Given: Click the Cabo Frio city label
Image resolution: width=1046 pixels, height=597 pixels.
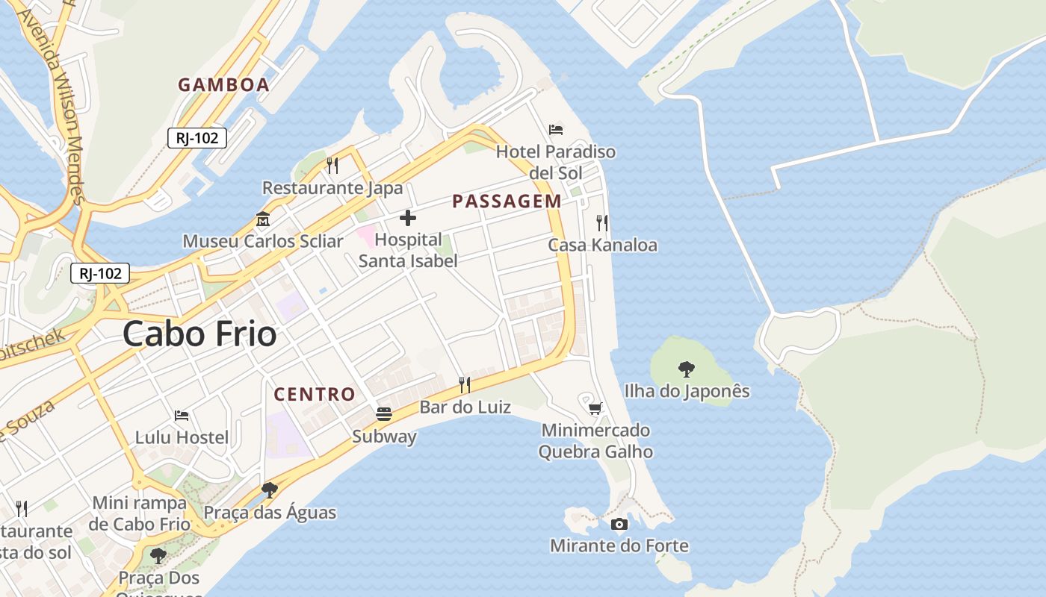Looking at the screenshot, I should pos(199,334).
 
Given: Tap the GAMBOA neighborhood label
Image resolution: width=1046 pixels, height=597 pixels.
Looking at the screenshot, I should pos(223,85).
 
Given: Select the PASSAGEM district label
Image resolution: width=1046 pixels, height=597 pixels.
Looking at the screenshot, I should pos(507,201).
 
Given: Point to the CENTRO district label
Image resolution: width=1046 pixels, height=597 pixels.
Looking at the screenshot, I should pos(315,394).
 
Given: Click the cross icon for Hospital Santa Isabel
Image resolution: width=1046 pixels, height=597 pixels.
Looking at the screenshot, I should pos(408,218).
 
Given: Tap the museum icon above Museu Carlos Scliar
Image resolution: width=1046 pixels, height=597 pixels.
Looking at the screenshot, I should pos(263,219).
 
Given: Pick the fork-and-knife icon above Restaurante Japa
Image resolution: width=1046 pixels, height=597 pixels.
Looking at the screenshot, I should pos(332,165).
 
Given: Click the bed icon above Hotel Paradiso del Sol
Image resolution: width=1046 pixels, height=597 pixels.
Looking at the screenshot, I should pos(556,130).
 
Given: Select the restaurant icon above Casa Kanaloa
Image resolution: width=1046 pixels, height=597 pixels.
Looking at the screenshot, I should pos(602,222).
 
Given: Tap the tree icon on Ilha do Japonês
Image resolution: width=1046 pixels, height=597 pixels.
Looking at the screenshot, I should pos(686,369).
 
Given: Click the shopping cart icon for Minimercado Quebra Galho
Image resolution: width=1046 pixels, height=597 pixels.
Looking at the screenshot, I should pos(595,408).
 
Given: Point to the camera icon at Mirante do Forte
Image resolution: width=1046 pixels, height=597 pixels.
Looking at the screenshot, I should pos(619,524).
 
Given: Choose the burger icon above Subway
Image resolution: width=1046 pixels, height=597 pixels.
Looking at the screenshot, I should pos(384,414).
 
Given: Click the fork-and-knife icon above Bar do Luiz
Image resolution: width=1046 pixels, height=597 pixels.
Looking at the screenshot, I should pos(465,384).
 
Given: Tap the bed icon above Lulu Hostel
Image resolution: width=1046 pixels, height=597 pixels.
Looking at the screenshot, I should pos(182,415).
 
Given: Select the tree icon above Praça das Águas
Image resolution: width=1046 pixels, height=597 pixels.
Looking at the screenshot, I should pos(270,490).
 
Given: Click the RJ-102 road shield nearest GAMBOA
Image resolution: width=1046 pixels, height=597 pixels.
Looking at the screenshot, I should pos(196,138).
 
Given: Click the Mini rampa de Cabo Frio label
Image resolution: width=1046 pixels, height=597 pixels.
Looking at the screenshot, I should pos(140,513).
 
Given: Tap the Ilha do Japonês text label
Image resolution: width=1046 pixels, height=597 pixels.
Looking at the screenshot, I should pos(687,391).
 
